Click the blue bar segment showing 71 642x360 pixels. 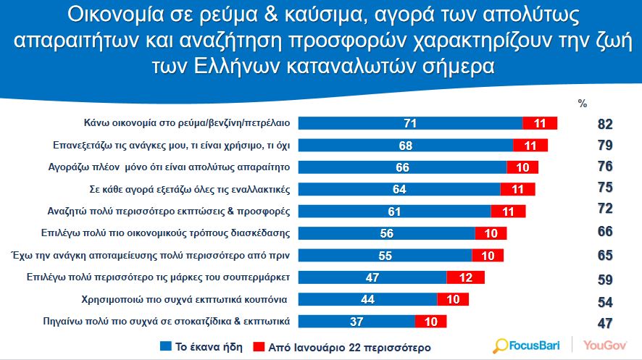pyautogui.click(x=410, y=123)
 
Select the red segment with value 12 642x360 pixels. pyautogui.click(x=465, y=277)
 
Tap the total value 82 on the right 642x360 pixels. pyautogui.click(x=605, y=124)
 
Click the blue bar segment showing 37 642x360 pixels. pyautogui.click(x=357, y=322)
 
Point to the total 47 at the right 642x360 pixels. pyautogui.click(x=605, y=322)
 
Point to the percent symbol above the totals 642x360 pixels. pyautogui.click(x=582, y=104)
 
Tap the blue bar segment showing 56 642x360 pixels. pyautogui.click(x=386, y=233)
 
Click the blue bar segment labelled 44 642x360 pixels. pyautogui.click(x=367, y=299)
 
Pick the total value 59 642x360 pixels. pyautogui.click(x=605, y=278)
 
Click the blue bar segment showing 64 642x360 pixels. pyautogui.click(x=399, y=189)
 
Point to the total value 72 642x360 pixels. pyautogui.click(x=605, y=211)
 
